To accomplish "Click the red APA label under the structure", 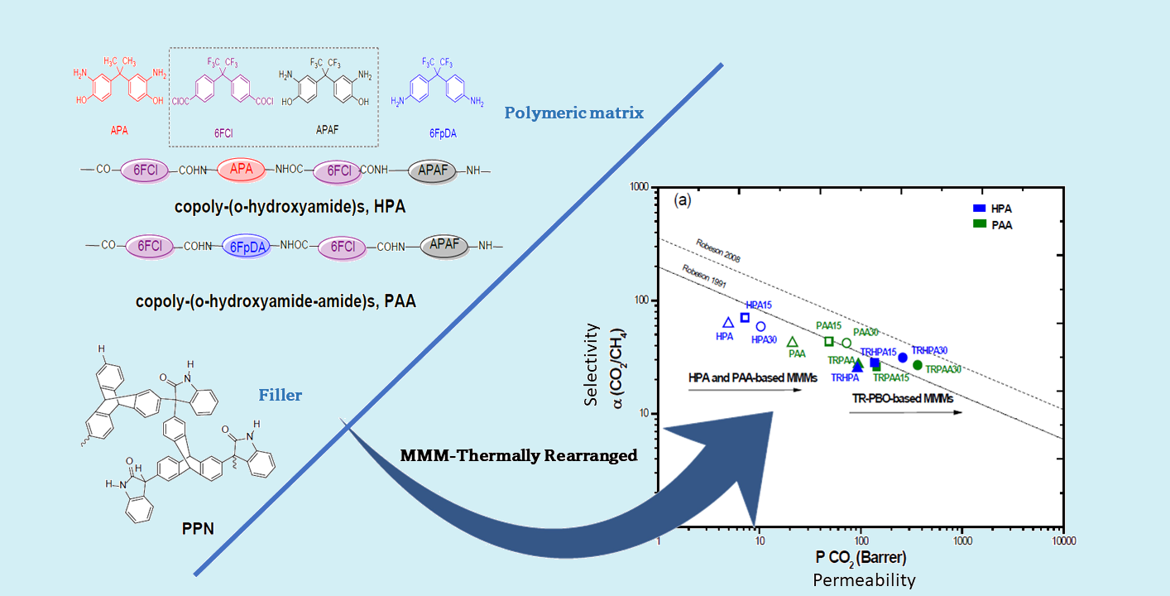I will click(x=118, y=130).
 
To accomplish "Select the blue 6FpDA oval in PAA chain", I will click(x=247, y=246).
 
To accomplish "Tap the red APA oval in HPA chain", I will click(x=241, y=171).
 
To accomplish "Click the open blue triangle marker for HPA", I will click(x=728, y=323).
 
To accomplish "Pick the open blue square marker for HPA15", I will click(x=745, y=318).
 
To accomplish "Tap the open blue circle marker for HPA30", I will click(x=760, y=326).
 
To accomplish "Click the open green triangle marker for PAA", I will click(x=792, y=342).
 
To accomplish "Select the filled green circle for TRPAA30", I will click(x=917, y=365).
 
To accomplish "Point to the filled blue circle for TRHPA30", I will click(x=903, y=358).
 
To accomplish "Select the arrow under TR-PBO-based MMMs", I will click(x=905, y=411).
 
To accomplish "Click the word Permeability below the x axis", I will click(x=864, y=580).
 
